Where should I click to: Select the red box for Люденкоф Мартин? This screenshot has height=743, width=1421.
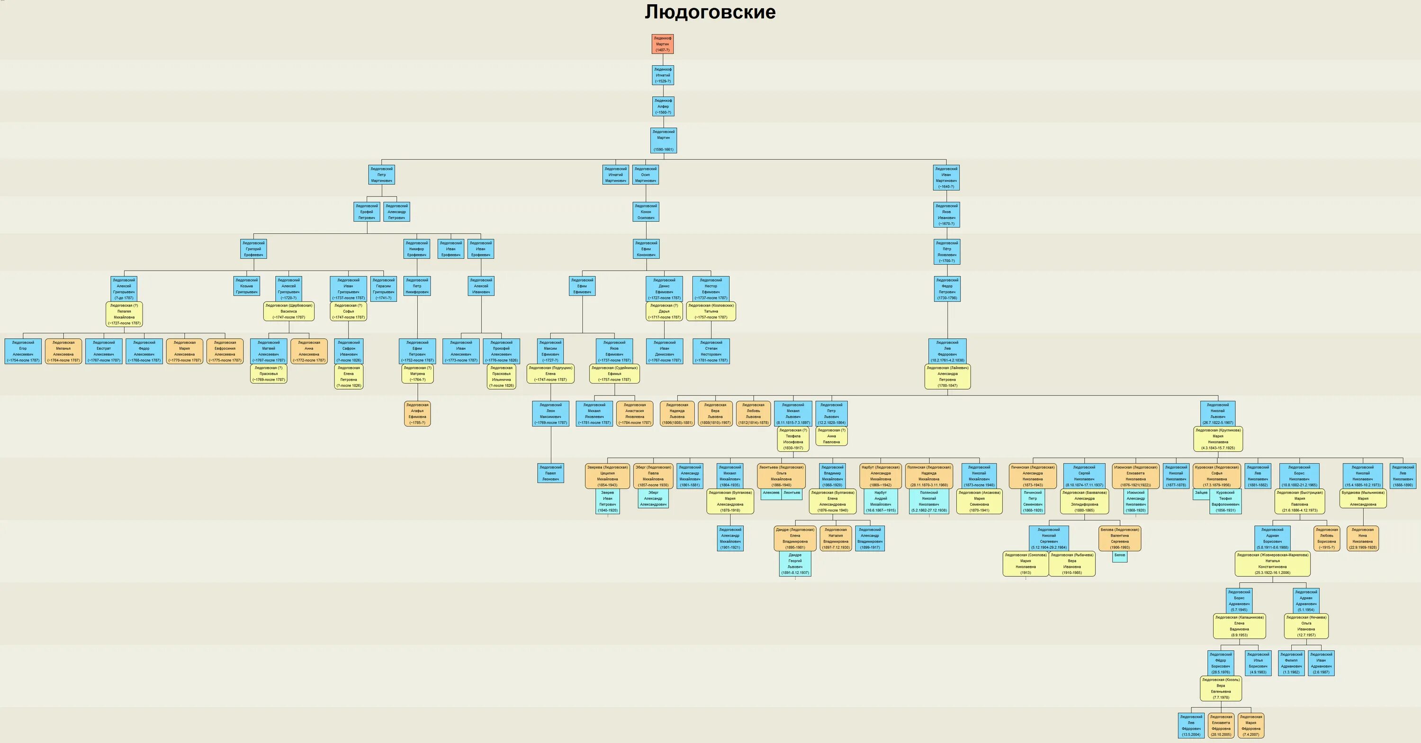click(663, 44)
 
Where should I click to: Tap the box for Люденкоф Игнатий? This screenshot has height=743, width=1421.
click(663, 75)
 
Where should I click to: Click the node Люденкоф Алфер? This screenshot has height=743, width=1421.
click(663, 107)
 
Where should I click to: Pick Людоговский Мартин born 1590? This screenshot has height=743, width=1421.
click(663, 140)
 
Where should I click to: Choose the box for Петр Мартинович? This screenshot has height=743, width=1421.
click(381, 175)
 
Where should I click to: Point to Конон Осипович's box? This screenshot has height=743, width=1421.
click(646, 212)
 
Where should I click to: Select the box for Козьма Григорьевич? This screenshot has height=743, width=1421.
click(247, 286)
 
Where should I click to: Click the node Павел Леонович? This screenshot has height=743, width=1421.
click(550, 473)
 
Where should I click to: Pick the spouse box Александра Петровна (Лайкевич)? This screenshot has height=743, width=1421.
click(947, 376)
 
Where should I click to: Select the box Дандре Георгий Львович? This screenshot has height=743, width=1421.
click(795, 564)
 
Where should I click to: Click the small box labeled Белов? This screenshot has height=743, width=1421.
click(1119, 556)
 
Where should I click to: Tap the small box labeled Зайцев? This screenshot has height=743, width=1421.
click(1201, 493)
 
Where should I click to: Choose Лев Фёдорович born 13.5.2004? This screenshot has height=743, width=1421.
click(1191, 725)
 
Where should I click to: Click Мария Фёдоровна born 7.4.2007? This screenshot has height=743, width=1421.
click(1250, 725)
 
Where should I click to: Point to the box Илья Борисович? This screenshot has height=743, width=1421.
click(1258, 663)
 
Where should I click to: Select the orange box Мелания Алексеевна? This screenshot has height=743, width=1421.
click(63, 351)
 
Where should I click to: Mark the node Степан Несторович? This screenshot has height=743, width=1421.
click(711, 351)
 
